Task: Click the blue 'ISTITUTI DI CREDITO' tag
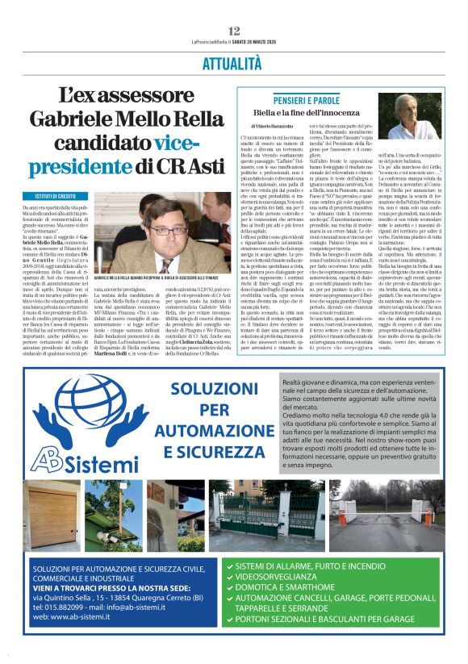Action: (x=56, y=197)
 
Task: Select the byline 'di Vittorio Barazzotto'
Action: (x=278, y=127)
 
